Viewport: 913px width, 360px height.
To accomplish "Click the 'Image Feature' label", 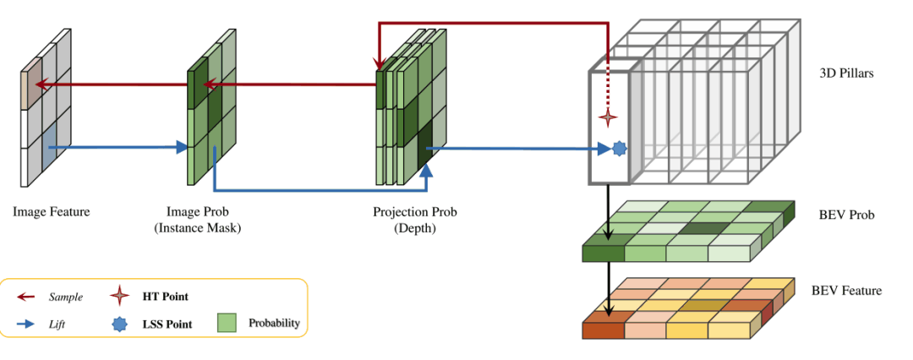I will point(51,212).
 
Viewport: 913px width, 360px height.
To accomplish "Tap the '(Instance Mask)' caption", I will point(205,227).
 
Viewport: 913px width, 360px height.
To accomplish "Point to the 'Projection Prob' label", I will point(414,212).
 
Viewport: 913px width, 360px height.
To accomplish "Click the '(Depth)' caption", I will point(414,227).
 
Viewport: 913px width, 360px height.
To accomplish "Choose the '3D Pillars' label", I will point(846,74).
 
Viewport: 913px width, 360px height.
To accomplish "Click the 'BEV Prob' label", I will point(846,215).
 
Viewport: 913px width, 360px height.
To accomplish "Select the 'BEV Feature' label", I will point(846,291).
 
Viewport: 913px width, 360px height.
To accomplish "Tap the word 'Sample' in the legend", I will point(65,297).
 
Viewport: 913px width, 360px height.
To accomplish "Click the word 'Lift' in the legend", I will point(58,324).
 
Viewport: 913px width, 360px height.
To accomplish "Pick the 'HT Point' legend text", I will point(167,297).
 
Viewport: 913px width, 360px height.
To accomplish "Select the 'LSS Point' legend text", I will point(168,324).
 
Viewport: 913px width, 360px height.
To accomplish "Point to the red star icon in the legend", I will point(121,296).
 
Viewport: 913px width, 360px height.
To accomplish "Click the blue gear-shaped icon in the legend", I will point(121,324).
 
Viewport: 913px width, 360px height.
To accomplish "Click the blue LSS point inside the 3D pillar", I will point(619,149).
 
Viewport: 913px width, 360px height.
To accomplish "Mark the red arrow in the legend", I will point(27,297).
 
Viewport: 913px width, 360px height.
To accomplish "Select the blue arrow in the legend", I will point(27,324).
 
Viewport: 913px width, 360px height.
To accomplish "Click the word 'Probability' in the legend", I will point(274,324).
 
